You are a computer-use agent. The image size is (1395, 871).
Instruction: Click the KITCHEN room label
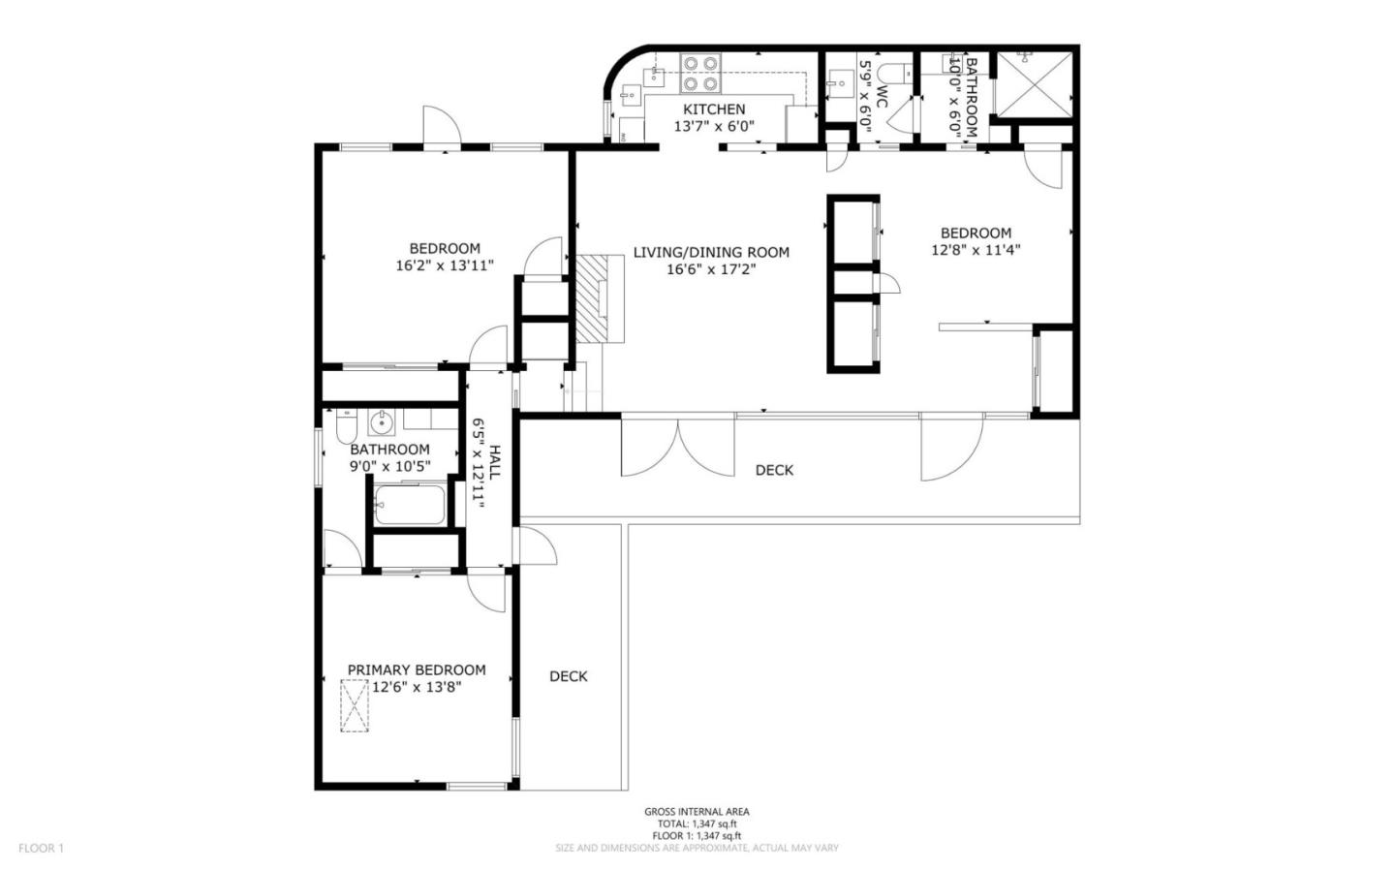point(714,109)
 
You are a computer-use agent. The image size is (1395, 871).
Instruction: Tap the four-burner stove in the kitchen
point(701,73)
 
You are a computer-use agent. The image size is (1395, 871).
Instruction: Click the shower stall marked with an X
point(1034,83)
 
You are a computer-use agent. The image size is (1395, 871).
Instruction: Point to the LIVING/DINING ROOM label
point(711,252)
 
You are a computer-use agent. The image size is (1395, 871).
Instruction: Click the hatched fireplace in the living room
point(601,297)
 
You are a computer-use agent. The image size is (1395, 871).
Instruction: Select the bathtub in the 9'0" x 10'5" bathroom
point(409,505)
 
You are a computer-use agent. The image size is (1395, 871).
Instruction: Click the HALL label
point(494,463)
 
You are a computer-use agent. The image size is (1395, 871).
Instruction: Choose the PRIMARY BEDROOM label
point(417,669)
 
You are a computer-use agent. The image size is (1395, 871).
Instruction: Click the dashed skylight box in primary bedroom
point(355,705)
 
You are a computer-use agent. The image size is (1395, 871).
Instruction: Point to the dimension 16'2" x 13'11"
point(445,264)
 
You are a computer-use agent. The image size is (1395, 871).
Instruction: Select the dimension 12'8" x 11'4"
point(976,249)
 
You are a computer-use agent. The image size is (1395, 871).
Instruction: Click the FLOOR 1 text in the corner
point(41,848)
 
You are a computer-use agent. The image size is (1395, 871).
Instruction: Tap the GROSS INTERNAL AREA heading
point(697,812)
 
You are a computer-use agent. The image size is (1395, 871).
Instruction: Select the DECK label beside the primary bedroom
point(568,676)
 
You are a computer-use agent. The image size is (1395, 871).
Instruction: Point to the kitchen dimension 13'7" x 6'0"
point(714,126)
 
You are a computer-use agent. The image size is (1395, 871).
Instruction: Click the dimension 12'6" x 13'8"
point(417,687)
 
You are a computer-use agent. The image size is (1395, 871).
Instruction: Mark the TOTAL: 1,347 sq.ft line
point(697,824)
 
